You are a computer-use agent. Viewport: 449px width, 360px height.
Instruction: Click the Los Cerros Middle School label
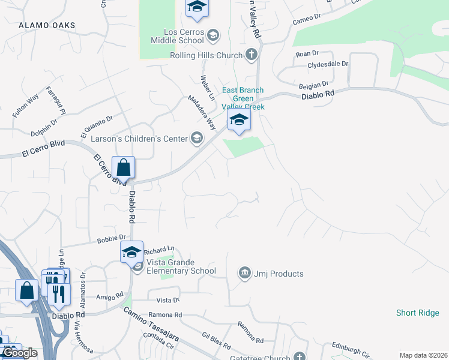pos(184,36)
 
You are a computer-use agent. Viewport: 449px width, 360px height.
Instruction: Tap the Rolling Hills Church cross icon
pos(252,55)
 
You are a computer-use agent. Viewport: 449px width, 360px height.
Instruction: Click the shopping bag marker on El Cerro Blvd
pos(123,168)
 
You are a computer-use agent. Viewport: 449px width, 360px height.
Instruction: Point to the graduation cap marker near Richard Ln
pos(131,252)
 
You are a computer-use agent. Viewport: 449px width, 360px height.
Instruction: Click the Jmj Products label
pos(278,274)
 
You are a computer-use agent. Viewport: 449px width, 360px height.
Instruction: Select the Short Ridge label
pos(418,313)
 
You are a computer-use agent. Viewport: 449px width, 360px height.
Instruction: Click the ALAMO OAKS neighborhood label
pos(47,25)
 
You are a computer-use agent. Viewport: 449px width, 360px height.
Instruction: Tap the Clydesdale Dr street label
pos(328,64)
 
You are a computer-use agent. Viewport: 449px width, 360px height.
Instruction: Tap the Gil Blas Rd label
pos(217,341)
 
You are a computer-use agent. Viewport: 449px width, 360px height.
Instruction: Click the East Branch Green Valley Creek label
pos(243,98)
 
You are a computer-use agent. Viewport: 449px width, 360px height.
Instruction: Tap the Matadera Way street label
pos(202,112)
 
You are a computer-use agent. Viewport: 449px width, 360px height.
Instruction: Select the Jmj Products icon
pos(244,274)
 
